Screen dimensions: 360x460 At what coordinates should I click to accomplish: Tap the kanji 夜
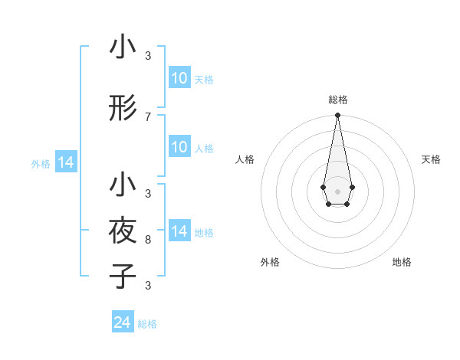pyautogui.click(x=123, y=230)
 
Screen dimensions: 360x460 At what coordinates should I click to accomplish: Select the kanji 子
pyautogui.click(x=123, y=276)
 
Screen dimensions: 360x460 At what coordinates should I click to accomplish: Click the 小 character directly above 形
pyautogui.click(x=123, y=47)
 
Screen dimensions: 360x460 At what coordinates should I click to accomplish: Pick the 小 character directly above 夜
pyautogui.click(x=123, y=185)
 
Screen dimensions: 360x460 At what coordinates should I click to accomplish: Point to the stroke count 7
pyautogui.click(x=148, y=116)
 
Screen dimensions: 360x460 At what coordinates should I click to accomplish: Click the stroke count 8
pyautogui.click(x=148, y=240)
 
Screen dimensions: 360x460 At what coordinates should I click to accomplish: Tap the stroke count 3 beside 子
pyautogui.click(x=148, y=286)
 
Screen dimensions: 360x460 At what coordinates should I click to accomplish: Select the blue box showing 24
pyautogui.click(x=123, y=322)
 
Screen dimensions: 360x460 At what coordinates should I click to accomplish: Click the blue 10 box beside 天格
pyautogui.click(x=179, y=78)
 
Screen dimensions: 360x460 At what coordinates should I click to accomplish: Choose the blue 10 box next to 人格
pyautogui.click(x=179, y=147)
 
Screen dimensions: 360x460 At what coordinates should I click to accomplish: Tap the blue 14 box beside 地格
pyautogui.click(x=179, y=231)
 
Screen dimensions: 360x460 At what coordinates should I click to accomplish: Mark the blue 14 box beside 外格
pyautogui.click(x=66, y=162)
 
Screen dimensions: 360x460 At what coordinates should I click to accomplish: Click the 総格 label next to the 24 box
pyautogui.click(x=148, y=324)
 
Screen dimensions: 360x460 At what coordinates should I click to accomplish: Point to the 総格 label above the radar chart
pyautogui.click(x=337, y=100)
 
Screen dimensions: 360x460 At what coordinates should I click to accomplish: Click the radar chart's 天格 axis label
pyautogui.click(x=431, y=159)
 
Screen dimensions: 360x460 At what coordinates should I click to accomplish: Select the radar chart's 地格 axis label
pyautogui.click(x=402, y=262)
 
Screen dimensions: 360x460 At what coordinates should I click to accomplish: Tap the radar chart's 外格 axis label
pyautogui.click(x=270, y=262)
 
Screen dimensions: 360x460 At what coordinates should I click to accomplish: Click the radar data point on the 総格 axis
pyautogui.click(x=337, y=115)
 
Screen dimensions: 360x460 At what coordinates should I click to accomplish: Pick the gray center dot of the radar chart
pyautogui.click(x=337, y=191)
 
